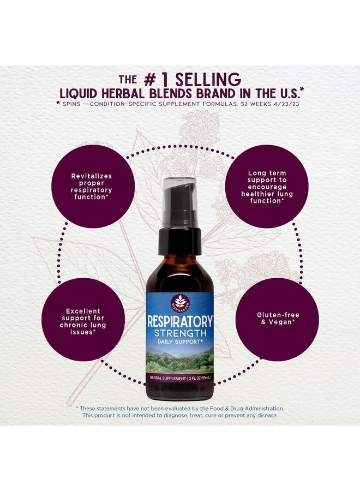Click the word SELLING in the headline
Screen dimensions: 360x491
208,80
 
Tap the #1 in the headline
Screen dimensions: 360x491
156,80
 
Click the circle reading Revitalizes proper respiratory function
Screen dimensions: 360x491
93,187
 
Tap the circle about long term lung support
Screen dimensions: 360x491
267,187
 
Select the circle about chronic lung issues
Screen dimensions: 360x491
83,319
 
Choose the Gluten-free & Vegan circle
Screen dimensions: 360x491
277,319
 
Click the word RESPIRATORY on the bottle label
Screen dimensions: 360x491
180,321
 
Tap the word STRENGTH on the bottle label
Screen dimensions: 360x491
180,333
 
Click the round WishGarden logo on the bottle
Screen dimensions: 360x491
180,302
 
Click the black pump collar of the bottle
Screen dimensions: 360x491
179,241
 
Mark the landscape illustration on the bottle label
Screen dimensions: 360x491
180,360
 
